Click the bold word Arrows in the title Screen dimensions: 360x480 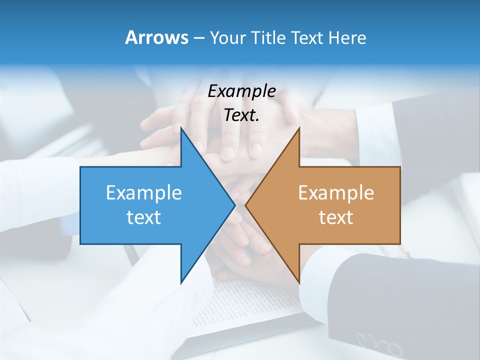coord(156,37)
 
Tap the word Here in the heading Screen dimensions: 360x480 coord(347,37)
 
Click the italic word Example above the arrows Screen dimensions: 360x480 coord(241,91)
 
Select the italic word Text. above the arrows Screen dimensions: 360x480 coord(241,115)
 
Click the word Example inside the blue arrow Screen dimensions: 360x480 coord(143,192)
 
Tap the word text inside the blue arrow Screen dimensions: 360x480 coord(143,217)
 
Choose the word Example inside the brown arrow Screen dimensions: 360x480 coord(336,192)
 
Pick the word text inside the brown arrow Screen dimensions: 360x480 coord(336,217)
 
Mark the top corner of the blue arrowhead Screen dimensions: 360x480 coord(181,129)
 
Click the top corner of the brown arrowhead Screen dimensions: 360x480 coord(298,129)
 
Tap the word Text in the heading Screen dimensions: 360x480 coord(308,37)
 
